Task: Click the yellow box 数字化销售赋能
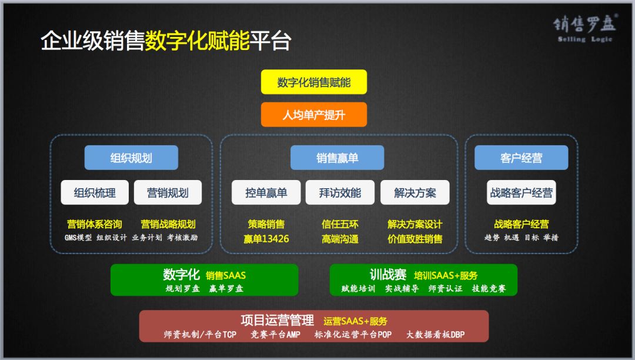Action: [314, 82]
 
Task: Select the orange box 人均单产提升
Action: [314, 115]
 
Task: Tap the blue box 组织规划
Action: [131, 158]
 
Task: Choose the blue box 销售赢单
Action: [337, 158]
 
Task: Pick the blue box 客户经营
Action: [521, 158]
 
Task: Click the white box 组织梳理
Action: [95, 192]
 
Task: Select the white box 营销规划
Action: [168, 192]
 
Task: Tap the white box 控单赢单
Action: [266, 192]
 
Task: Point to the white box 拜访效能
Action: [340, 192]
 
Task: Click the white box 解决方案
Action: [415, 192]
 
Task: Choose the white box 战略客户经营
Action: [521, 192]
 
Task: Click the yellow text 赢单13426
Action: [266, 239]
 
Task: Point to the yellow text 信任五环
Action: [340, 224]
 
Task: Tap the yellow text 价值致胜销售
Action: [415, 239]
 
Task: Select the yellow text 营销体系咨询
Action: [94, 224]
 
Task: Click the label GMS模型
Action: [78, 238]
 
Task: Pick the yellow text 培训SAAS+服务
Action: [446, 276]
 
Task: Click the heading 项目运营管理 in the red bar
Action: [277, 321]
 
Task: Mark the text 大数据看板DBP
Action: [435, 335]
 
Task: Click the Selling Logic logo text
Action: [585, 39]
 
